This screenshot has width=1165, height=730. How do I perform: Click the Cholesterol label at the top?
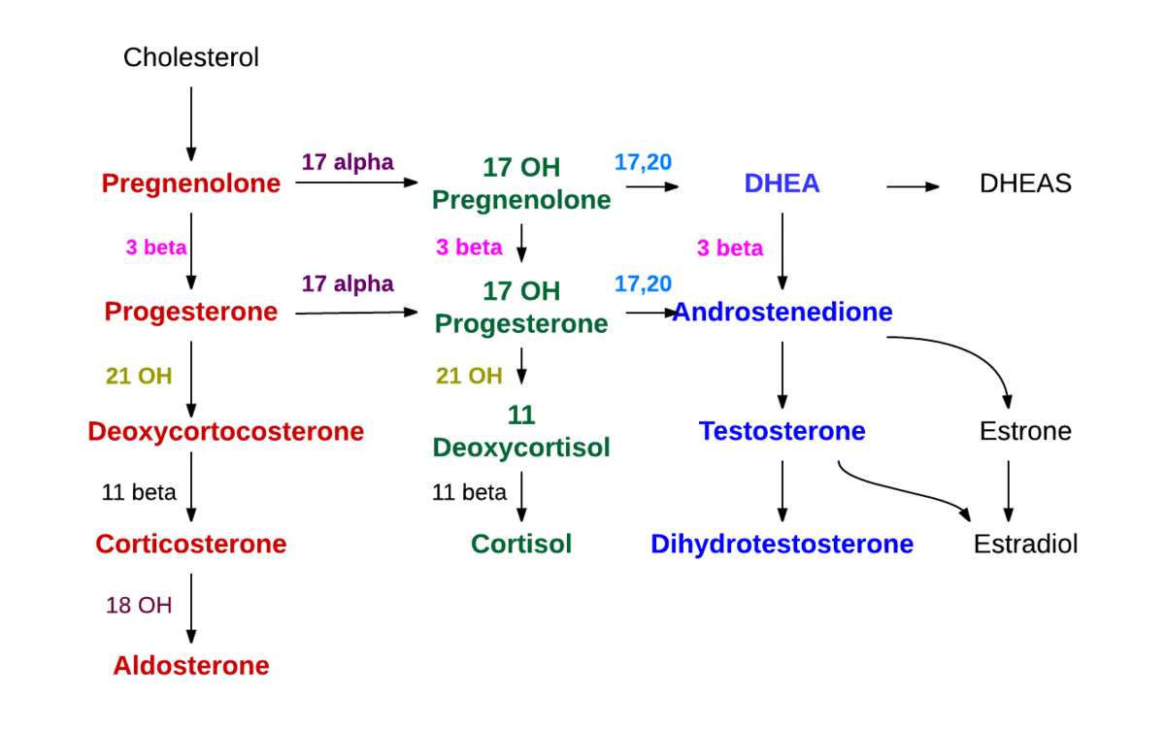[191, 57]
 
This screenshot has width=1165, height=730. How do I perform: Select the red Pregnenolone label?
[191, 182]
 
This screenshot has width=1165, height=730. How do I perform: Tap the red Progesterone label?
[191, 312]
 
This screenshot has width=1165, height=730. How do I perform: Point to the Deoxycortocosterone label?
[225, 431]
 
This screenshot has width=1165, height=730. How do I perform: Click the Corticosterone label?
[191, 544]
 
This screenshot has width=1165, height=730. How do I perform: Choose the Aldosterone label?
[191, 666]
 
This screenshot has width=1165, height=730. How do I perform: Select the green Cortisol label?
[521, 544]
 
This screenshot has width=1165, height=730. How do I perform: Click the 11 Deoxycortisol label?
[521, 432]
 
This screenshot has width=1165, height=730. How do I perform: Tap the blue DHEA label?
[782, 182]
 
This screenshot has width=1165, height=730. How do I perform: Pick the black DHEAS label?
[1025, 183]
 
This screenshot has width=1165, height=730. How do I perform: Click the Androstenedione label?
[782, 312]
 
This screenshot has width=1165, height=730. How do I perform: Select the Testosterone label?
[782, 431]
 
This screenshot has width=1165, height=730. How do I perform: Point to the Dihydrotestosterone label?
[782, 544]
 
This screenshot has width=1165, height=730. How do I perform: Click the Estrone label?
[1025, 431]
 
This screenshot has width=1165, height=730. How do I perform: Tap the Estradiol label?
[1025, 544]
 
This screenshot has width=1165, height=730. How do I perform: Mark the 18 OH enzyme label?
[139, 606]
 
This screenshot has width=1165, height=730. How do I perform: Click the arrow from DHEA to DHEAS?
[913, 186]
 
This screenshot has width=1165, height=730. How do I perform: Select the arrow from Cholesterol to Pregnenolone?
[191, 123]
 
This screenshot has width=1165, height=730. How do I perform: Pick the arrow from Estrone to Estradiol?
[1009, 490]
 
